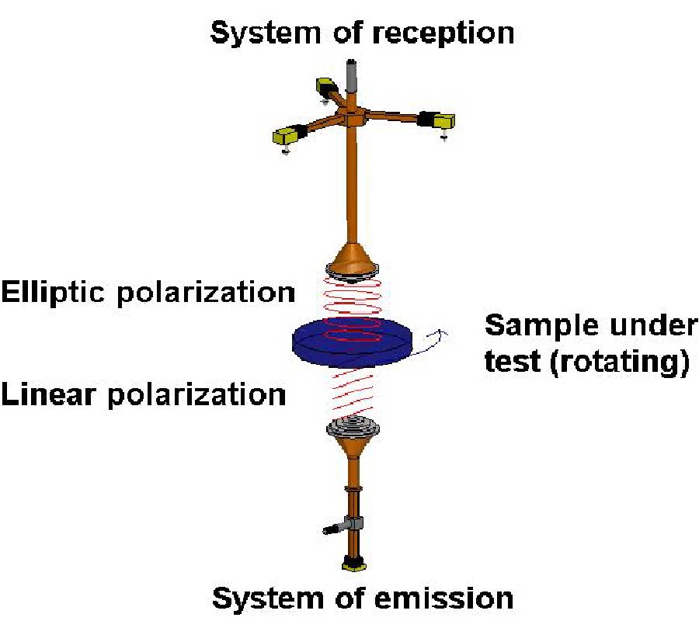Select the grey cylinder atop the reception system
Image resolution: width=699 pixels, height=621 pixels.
pos(352,75)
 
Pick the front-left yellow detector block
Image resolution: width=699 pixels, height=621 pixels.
pos(282,138)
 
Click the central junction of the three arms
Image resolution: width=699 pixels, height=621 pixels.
pos(352,116)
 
